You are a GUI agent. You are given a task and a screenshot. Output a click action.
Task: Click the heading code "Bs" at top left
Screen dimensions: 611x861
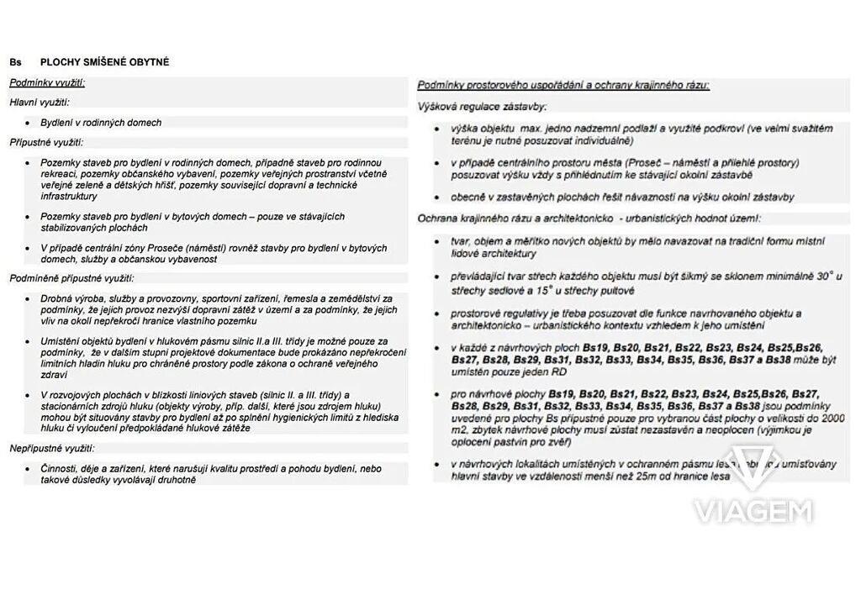pyautogui.click(x=16, y=62)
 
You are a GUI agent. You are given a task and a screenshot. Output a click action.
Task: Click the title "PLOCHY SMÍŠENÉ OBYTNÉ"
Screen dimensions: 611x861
pyautogui.click(x=104, y=62)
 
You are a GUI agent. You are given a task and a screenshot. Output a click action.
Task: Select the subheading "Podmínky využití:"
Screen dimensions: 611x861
pyautogui.click(x=47, y=82)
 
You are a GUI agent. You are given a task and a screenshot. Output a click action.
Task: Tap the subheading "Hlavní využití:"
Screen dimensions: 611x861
pyautogui.click(x=40, y=103)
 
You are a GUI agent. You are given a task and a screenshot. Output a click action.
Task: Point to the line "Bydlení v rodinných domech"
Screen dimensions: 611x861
pyautogui.click(x=101, y=123)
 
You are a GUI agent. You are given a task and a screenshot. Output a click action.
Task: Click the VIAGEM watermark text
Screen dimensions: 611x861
pyautogui.click(x=753, y=510)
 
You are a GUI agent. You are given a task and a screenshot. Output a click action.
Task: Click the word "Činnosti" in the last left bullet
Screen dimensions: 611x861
pyautogui.click(x=60, y=468)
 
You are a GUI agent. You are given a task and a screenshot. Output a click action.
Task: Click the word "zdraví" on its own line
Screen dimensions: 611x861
pyautogui.click(x=54, y=375)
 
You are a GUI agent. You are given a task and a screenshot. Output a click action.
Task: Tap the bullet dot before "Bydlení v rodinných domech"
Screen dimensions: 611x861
pyautogui.click(x=28, y=124)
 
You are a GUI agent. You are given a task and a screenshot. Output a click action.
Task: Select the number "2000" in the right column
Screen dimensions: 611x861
pyautogui.click(x=832, y=418)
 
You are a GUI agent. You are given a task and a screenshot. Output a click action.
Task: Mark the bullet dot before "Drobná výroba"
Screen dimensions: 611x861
pyautogui.click(x=28, y=299)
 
